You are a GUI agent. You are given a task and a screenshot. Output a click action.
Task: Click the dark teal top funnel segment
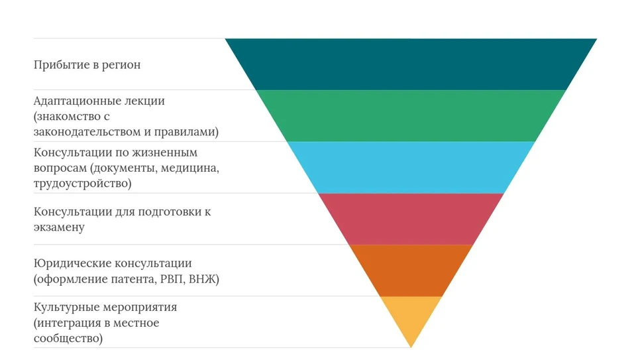coord(411,64)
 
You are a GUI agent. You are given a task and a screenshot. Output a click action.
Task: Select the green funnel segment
coord(411,115)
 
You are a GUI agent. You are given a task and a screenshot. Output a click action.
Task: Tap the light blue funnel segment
coord(411,167)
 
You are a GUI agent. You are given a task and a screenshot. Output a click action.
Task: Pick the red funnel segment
coord(411,219)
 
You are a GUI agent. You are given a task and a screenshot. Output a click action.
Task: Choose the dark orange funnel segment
coord(411,270)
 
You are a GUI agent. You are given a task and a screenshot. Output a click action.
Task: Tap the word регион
coord(121,66)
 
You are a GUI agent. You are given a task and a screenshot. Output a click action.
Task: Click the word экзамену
coord(59,227)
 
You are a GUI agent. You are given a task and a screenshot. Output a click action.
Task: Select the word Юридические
coord(72,263)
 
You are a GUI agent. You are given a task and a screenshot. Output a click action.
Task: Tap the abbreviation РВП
coord(173,279)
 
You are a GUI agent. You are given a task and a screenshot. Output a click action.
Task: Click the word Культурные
coord(66,308)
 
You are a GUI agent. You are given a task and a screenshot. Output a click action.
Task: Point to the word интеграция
coord(72,324)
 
